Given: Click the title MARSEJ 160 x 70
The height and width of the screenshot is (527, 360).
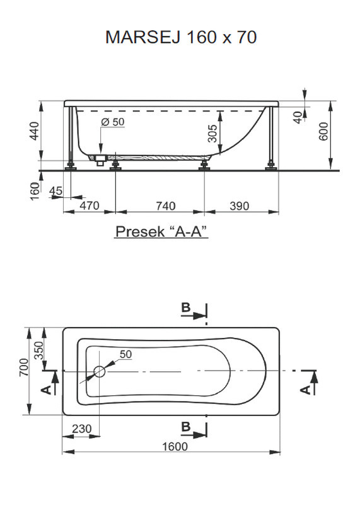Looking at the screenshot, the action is pos(181,37).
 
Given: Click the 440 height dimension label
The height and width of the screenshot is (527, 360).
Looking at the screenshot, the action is pos(34,130).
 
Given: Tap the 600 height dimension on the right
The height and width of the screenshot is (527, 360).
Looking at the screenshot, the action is pos(323,131).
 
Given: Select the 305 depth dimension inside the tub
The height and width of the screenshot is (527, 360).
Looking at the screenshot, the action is pos(212,134).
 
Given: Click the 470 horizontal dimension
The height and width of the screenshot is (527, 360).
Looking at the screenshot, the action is pos(90,206).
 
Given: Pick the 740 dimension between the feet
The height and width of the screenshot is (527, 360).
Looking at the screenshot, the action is pos(166,206).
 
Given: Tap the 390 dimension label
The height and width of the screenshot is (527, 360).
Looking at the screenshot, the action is pos(240,206).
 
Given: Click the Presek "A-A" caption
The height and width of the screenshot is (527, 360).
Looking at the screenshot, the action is pos(161,231).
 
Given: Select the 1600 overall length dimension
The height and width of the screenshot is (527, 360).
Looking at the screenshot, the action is pos(175,446).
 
